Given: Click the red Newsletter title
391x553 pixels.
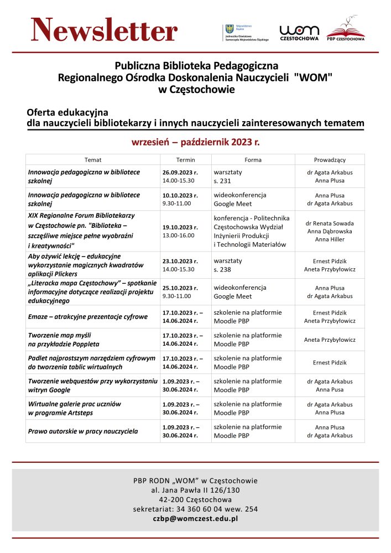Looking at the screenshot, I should pyautogui.click(x=104, y=30).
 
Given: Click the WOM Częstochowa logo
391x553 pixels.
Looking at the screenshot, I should pyautogui.click(x=299, y=33).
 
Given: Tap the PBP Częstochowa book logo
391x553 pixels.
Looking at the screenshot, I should pyautogui.click(x=346, y=31).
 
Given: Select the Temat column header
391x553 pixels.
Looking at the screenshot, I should pyautogui.click(x=93, y=159).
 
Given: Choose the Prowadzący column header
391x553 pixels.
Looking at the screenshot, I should pyautogui.click(x=330, y=159).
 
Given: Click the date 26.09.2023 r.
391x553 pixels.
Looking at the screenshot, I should pyautogui.click(x=180, y=173).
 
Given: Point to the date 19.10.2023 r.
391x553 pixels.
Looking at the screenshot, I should pyautogui.click(x=180, y=227).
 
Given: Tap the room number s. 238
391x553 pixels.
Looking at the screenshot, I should pyautogui.click(x=223, y=269).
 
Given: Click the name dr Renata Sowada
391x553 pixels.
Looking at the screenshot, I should pyautogui.click(x=330, y=223).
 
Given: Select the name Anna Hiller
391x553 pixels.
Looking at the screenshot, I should pyautogui.click(x=330, y=239).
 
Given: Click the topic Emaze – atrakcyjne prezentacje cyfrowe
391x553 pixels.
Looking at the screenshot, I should pyautogui.click(x=88, y=317).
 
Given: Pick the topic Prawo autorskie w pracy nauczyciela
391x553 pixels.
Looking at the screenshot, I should pyautogui.click(x=83, y=431).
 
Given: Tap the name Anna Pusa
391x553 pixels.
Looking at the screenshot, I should pyautogui.click(x=330, y=389).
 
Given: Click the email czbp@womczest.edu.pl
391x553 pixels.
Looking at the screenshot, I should pyautogui.click(x=195, y=519).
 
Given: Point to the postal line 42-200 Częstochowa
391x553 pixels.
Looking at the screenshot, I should pyautogui.click(x=195, y=499).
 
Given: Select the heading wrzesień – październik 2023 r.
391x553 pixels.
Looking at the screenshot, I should pyautogui.click(x=195, y=142).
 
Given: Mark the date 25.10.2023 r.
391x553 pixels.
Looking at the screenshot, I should pyautogui.click(x=180, y=288).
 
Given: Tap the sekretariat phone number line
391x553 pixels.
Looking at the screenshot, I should pyautogui.click(x=195, y=509).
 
